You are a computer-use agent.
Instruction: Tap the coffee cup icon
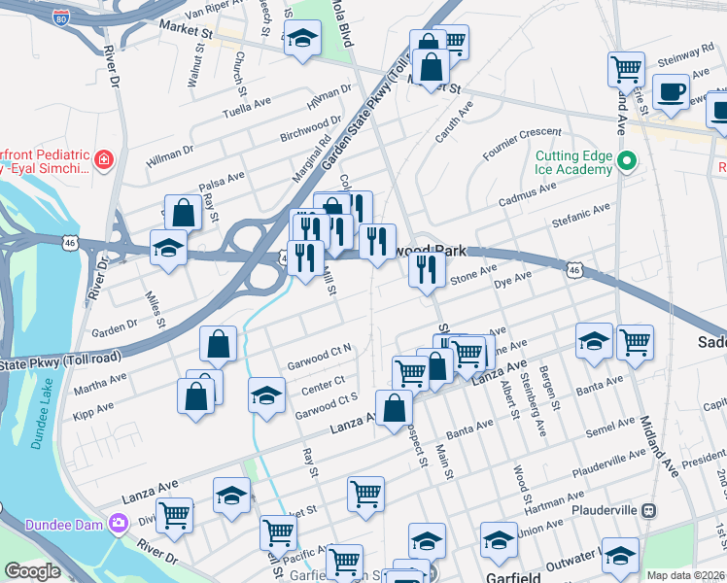(x=670, y=91)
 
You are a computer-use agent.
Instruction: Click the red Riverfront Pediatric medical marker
(x=104, y=158)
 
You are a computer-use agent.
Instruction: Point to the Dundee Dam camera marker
(x=119, y=523)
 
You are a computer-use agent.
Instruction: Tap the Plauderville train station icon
(x=650, y=510)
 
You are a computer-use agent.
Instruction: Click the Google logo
(x=32, y=571)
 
